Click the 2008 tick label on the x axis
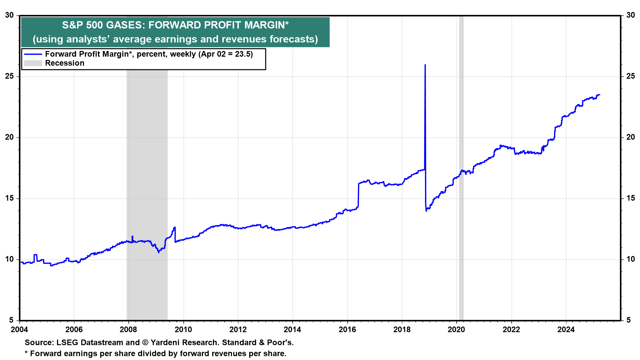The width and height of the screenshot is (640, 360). coord(128,330)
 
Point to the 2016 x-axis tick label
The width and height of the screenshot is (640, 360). coord(347,330)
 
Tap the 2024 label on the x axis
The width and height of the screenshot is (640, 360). coord(566,330)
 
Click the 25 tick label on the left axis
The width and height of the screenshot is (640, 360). coord(10,76)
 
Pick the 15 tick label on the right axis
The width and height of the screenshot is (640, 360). coord(630,198)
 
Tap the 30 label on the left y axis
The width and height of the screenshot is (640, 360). coord(10,15)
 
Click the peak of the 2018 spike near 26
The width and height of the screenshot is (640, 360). coord(425,65)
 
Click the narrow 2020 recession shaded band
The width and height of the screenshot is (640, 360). coord(461,167)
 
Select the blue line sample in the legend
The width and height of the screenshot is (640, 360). coord(33,54)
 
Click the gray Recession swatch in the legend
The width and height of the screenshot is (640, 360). coord(33,63)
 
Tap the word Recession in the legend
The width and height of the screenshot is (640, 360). coord(65,63)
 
